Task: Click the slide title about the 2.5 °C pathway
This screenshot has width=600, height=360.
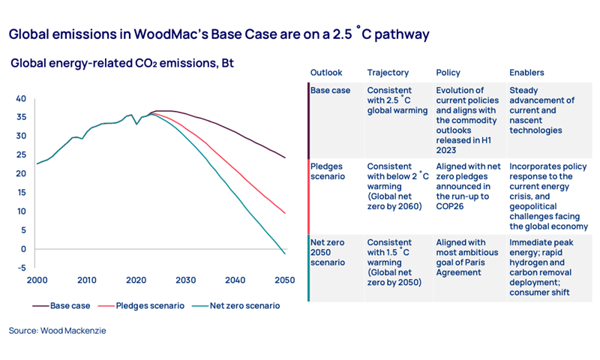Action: pos(218,34)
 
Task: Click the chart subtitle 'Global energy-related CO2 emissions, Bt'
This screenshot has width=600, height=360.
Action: pos(122,64)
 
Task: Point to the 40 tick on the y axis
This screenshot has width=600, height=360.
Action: pos(21,99)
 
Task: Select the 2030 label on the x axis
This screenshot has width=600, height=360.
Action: pos(185,280)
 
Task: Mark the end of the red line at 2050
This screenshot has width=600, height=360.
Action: pos(285,213)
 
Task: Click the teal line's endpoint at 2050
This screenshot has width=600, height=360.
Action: pos(285,253)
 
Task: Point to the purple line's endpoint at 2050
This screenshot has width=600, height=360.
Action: pos(285,157)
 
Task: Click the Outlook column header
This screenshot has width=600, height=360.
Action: pos(326,73)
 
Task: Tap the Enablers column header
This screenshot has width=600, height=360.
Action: pos(526,73)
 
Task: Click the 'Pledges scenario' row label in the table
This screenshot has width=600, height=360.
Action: pos(329,171)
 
